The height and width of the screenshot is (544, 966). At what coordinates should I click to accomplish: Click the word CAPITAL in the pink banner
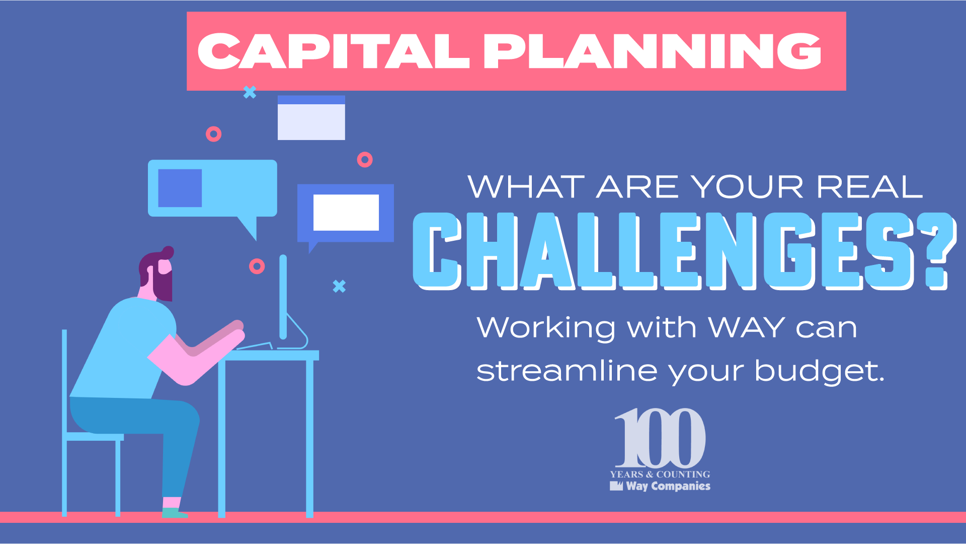coord(334,51)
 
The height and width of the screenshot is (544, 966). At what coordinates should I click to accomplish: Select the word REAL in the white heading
coord(869,187)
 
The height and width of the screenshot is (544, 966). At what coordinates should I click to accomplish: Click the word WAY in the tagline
coord(747,327)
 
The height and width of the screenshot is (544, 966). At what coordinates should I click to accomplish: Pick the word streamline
coord(567,371)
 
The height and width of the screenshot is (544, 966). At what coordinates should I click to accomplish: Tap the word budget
coord(819,372)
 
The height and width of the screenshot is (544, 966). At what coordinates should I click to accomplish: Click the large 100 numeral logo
coord(660,438)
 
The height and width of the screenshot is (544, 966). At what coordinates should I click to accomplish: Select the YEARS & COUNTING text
coord(660,474)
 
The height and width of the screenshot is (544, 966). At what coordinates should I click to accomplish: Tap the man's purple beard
coord(164,283)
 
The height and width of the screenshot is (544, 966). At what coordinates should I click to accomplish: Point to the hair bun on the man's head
coord(168,252)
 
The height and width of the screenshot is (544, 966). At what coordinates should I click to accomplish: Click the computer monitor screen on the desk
coord(283,297)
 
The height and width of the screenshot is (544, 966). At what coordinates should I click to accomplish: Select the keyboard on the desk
coord(255,346)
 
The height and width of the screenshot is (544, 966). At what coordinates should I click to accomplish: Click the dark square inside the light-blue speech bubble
coord(180,188)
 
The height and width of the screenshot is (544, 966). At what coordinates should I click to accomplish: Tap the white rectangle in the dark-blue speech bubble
coord(346,213)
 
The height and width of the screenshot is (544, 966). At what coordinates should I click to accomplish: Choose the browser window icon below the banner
coord(311,118)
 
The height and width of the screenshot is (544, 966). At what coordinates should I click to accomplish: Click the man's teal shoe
coord(174,513)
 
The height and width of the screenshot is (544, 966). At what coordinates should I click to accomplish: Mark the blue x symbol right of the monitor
coord(340,286)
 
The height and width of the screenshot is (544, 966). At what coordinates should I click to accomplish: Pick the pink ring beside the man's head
coord(257,266)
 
